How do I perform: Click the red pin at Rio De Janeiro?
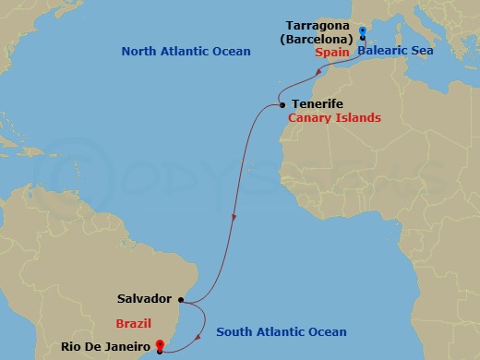click(x=161, y=346)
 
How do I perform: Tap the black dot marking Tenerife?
click(x=282, y=105)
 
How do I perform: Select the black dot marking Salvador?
click(x=182, y=299)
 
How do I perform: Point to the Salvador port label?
click(x=144, y=299)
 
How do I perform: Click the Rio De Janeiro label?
click(x=106, y=347)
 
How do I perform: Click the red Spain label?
click(x=330, y=54)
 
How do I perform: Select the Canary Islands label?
click(x=334, y=118)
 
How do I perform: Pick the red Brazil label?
click(x=133, y=323)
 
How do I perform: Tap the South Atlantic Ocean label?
click(x=282, y=332)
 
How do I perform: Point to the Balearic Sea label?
click(x=395, y=54)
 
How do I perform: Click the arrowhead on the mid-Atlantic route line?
click(x=234, y=219)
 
